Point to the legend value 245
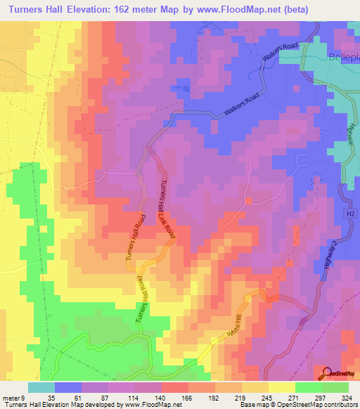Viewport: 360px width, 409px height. pos(266,397)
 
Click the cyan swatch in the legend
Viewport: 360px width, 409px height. pos(41,387)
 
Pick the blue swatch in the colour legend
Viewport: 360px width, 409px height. pos(68,387)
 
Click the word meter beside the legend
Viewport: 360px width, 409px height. pos(9,397)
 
